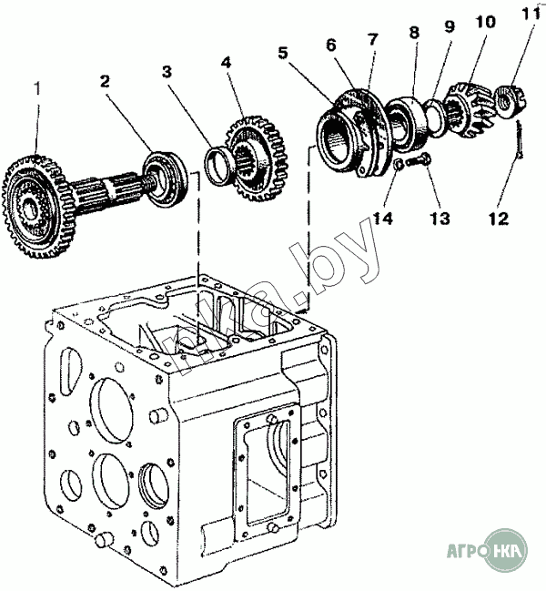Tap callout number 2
click(x=106, y=81)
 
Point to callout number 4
click(x=226, y=64)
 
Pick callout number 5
click(x=283, y=53)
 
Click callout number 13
click(x=441, y=219)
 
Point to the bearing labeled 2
click(x=166, y=172)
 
